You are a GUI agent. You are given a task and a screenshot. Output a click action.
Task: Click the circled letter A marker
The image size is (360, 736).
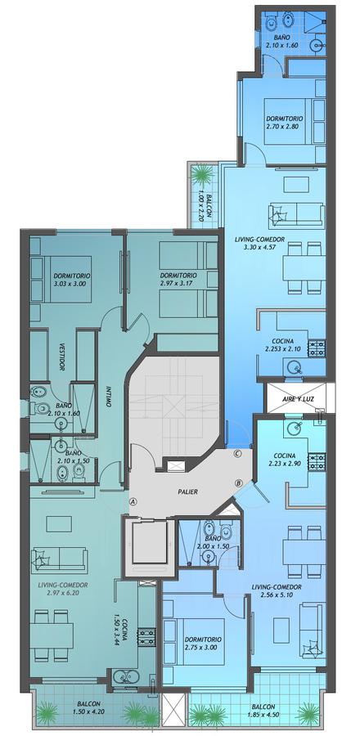click(x=133, y=501)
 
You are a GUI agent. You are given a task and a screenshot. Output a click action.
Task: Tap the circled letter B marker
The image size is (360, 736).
click(x=238, y=483)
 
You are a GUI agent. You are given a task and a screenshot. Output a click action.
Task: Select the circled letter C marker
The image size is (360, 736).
click(x=237, y=453)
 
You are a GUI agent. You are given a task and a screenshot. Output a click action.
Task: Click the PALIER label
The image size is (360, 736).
click(x=187, y=492)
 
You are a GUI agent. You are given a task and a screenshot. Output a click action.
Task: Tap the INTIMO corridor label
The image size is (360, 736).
click(x=109, y=397)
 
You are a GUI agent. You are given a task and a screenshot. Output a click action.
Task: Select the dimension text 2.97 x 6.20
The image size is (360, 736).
click(x=61, y=593)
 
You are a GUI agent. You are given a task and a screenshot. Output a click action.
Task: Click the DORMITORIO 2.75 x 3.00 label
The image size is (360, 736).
click(x=203, y=643)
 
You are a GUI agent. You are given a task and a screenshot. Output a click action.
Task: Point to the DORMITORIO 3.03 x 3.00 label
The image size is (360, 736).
click(x=72, y=280)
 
